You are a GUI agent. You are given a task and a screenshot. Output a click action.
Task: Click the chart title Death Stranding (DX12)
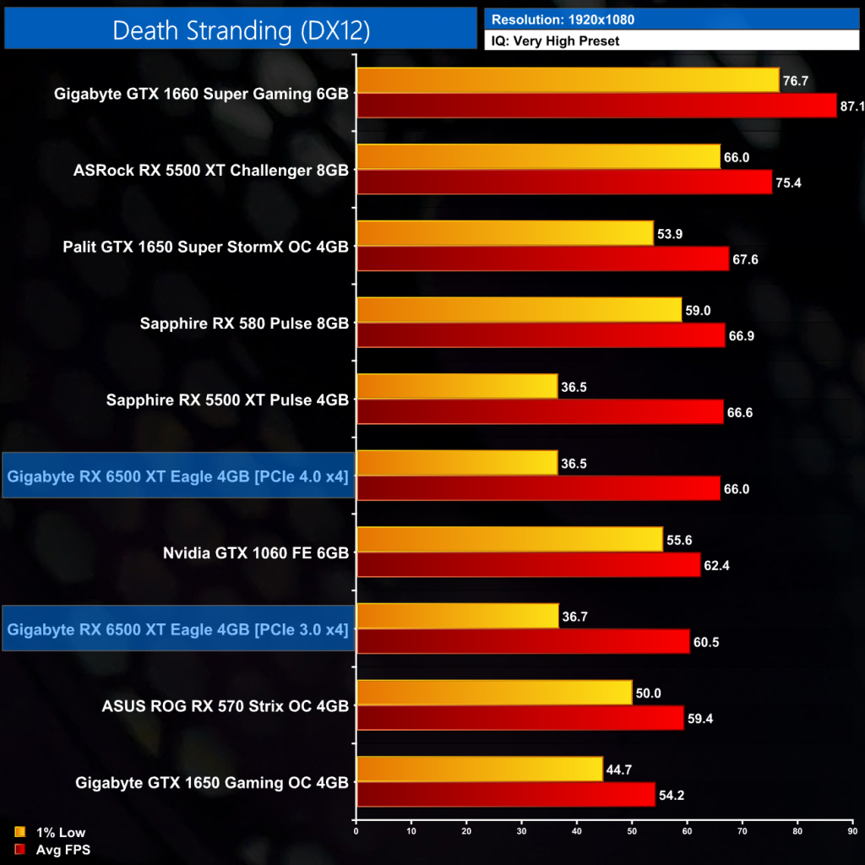241,30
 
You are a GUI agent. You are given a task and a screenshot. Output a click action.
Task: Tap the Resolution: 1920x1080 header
563,19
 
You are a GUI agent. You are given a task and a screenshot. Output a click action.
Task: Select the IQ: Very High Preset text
555,40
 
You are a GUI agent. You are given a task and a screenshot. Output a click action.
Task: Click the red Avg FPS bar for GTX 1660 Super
596,106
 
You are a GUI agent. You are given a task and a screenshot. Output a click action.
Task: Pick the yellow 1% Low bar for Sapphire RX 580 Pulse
519,310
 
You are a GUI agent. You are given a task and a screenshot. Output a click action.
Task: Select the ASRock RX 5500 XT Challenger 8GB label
211,170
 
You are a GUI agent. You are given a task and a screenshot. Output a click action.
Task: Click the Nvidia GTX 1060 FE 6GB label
255,552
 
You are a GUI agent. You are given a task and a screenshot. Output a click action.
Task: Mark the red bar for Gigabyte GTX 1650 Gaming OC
505,795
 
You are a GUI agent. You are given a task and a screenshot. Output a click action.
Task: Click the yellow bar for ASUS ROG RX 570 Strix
494,693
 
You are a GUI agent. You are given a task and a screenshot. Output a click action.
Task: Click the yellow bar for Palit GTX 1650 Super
505,233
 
